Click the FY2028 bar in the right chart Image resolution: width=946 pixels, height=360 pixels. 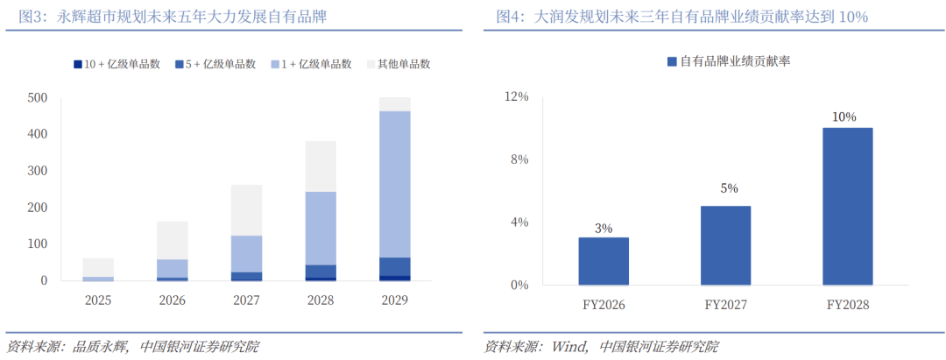click(847, 206)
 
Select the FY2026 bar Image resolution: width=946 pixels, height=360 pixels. click(603, 261)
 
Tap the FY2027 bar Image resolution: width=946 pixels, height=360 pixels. click(725, 245)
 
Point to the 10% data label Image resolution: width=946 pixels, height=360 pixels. click(844, 116)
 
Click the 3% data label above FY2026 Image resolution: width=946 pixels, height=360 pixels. click(603, 228)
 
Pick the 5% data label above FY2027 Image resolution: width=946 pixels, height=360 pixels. click(728, 187)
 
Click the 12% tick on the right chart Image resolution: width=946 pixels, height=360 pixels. click(519, 97)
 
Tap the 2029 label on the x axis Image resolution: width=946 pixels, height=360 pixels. click(394, 300)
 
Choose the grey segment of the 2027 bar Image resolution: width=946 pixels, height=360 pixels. click(246, 209)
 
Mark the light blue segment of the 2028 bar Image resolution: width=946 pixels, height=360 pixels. click(321, 228)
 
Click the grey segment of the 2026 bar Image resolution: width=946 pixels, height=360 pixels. click(173, 240)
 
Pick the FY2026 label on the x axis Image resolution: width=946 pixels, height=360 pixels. click(603, 305)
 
